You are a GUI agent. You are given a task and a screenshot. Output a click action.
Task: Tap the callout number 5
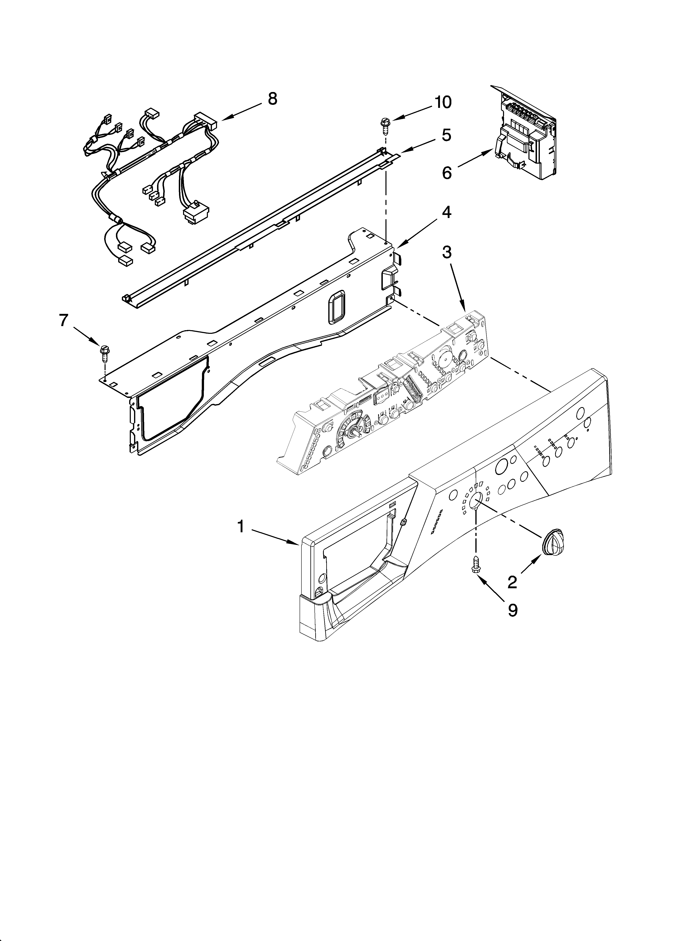coord(446,135)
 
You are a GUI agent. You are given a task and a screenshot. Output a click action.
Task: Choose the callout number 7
coord(63,320)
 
